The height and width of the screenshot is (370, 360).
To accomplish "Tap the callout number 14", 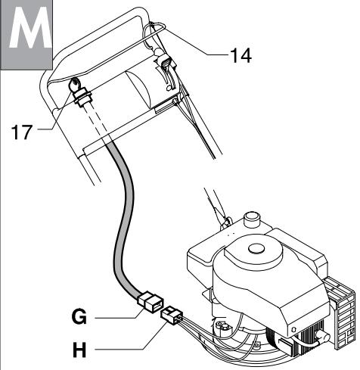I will (240, 54).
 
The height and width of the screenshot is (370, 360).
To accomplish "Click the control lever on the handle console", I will (166, 68).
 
